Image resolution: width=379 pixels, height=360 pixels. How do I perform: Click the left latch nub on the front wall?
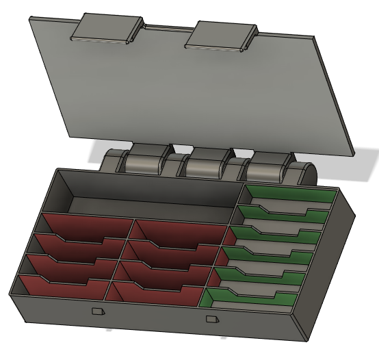click(97, 311)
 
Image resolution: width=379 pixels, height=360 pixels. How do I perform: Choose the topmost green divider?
click(287, 196)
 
